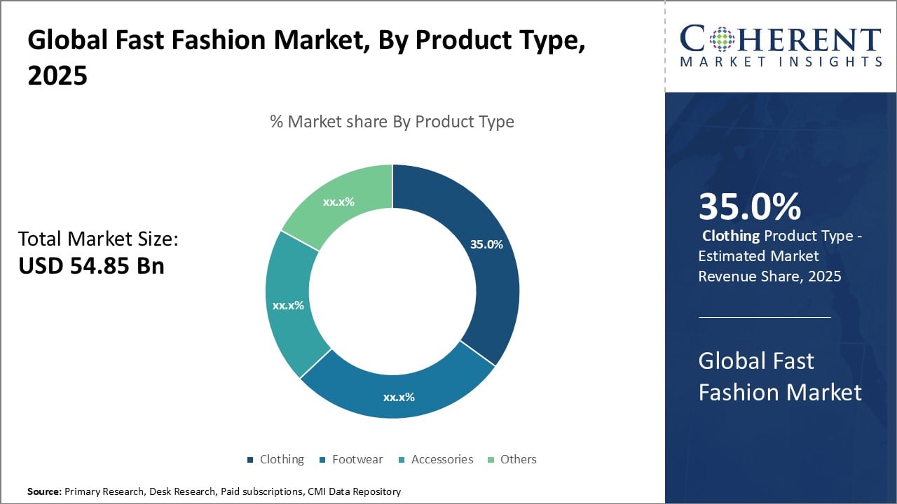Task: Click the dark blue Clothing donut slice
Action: [484, 280]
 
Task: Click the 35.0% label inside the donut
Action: [486, 244]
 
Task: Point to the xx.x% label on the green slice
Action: [338, 202]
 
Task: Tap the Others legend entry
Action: [518, 459]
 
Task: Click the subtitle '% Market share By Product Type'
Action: [392, 122]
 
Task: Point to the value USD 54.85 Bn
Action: [91, 266]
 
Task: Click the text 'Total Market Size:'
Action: [98, 239]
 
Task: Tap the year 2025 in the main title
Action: [57, 76]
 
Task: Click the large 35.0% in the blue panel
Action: [750, 207]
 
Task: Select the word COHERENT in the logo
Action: [781, 39]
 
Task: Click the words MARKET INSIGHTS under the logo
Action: [781, 62]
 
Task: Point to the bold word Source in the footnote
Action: [43, 491]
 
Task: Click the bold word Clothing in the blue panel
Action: [731, 236]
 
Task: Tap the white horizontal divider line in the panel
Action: [765, 317]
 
